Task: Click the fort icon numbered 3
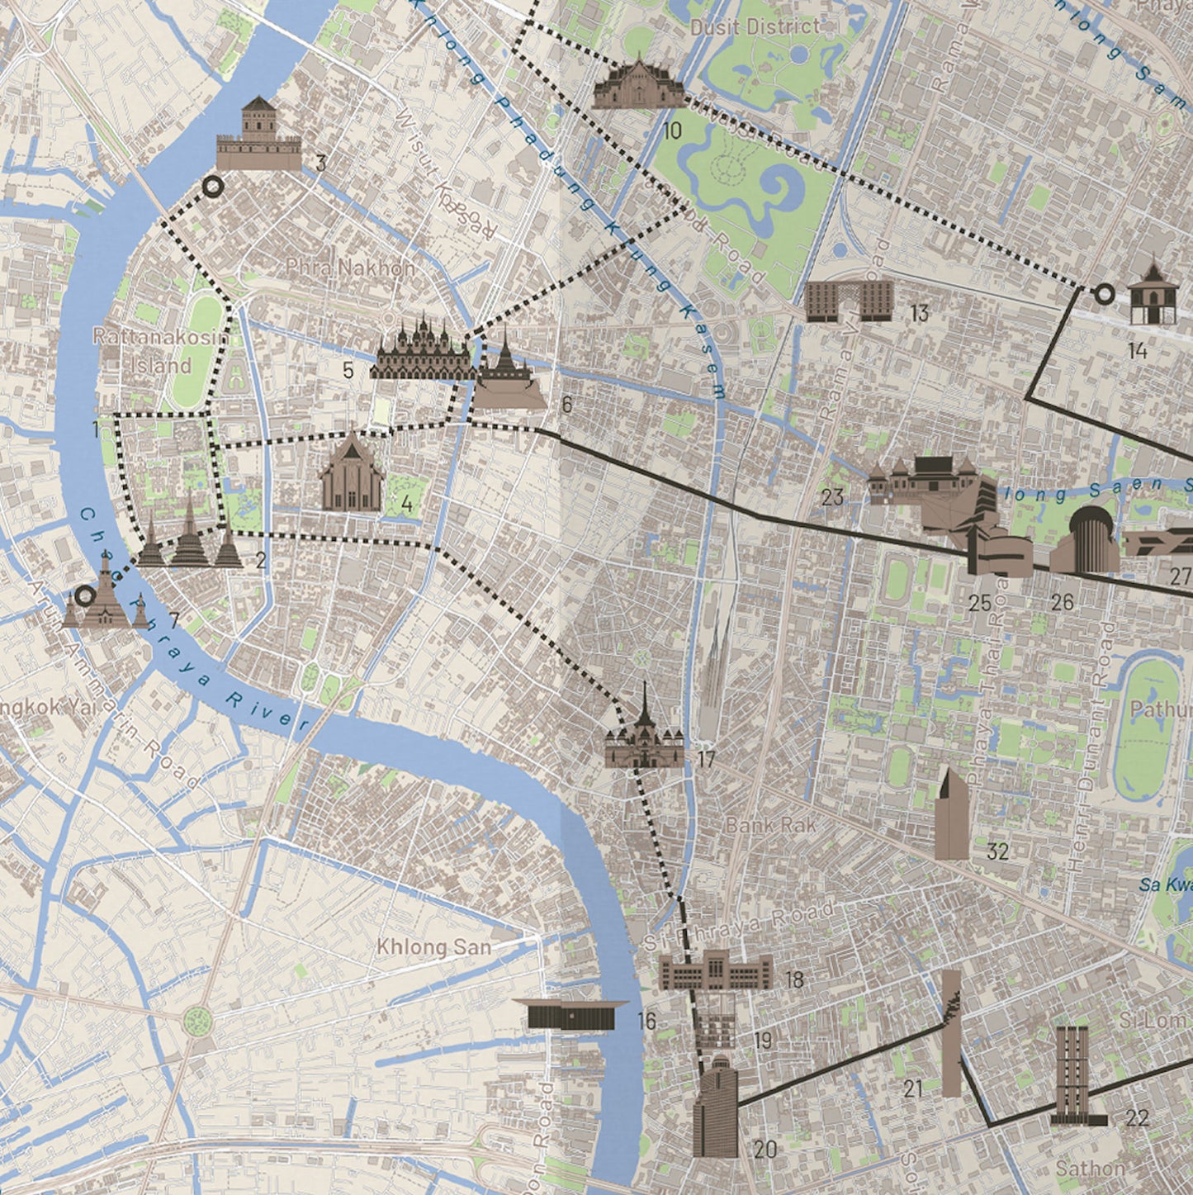point(258,135)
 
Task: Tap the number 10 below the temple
point(672,130)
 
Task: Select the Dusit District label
point(755,27)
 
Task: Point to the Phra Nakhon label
point(351,268)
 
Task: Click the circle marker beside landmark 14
point(1103,292)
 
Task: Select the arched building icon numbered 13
point(849,301)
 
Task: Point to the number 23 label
point(832,497)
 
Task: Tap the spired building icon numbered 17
point(644,731)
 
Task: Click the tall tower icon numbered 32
point(952,816)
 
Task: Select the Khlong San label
point(433,946)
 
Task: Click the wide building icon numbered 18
point(715,971)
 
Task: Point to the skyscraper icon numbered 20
point(715,1107)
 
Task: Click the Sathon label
point(1090,1168)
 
